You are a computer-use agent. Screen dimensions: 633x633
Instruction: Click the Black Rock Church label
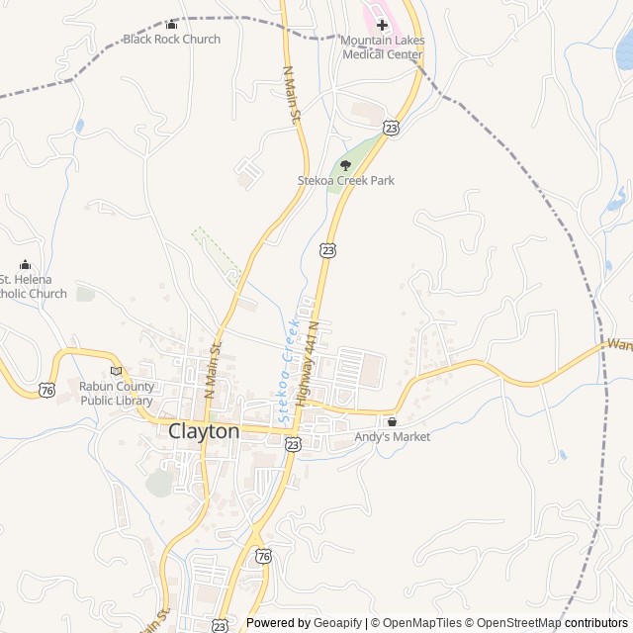click(171, 40)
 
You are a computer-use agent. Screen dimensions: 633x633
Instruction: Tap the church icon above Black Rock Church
click(171, 25)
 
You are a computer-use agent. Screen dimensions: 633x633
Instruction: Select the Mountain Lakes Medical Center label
click(382, 47)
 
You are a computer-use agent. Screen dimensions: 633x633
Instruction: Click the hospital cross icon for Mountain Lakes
click(382, 25)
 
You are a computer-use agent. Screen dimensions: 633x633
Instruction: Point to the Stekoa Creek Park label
click(345, 181)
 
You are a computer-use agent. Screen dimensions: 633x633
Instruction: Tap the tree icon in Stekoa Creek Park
click(345, 165)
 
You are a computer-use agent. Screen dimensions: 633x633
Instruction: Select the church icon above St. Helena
click(25, 265)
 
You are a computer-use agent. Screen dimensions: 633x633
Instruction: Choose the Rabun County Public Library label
click(116, 394)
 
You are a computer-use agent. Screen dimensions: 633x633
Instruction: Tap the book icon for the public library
click(116, 371)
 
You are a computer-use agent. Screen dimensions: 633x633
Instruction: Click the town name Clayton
click(204, 431)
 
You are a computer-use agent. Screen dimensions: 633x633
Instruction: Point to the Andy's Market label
click(393, 436)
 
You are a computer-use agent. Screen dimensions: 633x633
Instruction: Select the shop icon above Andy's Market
click(392, 421)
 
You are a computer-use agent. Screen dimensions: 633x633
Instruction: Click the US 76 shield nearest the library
click(47, 391)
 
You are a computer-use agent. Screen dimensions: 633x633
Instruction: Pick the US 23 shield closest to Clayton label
click(293, 446)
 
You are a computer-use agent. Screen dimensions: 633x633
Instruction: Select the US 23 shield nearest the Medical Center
click(392, 128)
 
